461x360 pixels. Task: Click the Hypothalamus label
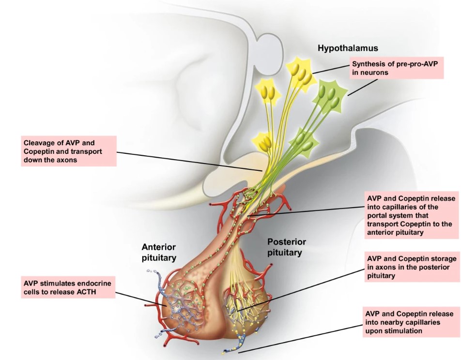pos(348,48)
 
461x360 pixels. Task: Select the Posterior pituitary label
pos(286,247)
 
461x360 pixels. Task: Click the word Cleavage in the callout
pos(39,143)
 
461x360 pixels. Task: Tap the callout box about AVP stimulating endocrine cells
pos(68,287)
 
